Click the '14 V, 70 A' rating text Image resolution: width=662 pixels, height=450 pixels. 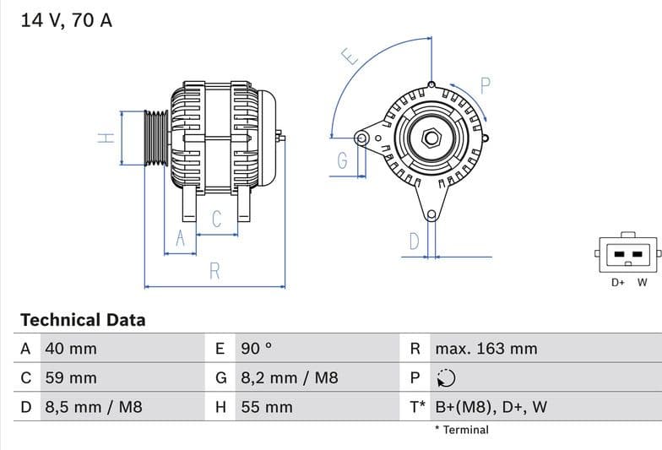click(x=66, y=20)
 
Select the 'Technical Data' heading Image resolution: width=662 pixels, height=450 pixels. click(x=83, y=320)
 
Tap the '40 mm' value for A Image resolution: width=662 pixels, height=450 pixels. click(x=70, y=349)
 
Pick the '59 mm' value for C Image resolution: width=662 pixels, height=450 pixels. click(x=70, y=378)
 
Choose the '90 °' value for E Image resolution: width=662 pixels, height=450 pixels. click(x=257, y=349)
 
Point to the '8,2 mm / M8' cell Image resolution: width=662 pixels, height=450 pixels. click(x=290, y=378)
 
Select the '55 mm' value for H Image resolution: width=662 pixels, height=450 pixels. click(x=267, y=407)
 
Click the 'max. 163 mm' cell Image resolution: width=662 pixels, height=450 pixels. click(x=486, y=349)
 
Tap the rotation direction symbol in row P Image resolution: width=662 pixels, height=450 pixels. click(x=446, y=378)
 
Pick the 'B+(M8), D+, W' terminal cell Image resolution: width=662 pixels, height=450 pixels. click(x=491, y=407)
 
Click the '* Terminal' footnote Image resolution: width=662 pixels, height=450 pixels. click(x=461, y=430)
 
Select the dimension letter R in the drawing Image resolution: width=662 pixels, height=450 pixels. click(x=214, y=272)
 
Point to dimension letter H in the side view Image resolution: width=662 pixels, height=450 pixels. click(x=106, y=138)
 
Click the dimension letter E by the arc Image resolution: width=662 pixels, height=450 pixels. click(x=350, y=57)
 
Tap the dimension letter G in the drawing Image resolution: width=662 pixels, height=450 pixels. click(x=343, y=161)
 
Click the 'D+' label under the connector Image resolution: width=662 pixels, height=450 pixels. click(x=618, y=283)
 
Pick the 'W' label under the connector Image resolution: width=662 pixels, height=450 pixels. click(x=642, y=283)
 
